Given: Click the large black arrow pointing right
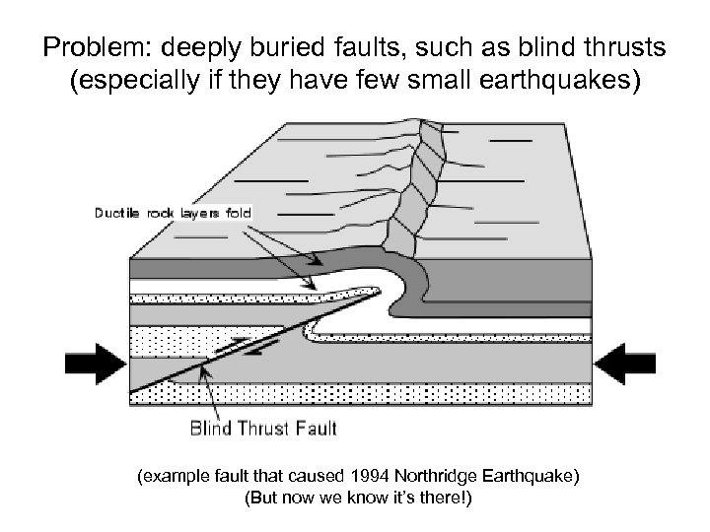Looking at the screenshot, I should [x=97, y=364].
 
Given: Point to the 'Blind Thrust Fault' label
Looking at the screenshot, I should [x=262, y=428].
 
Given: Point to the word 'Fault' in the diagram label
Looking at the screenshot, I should [x=317, y=428].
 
